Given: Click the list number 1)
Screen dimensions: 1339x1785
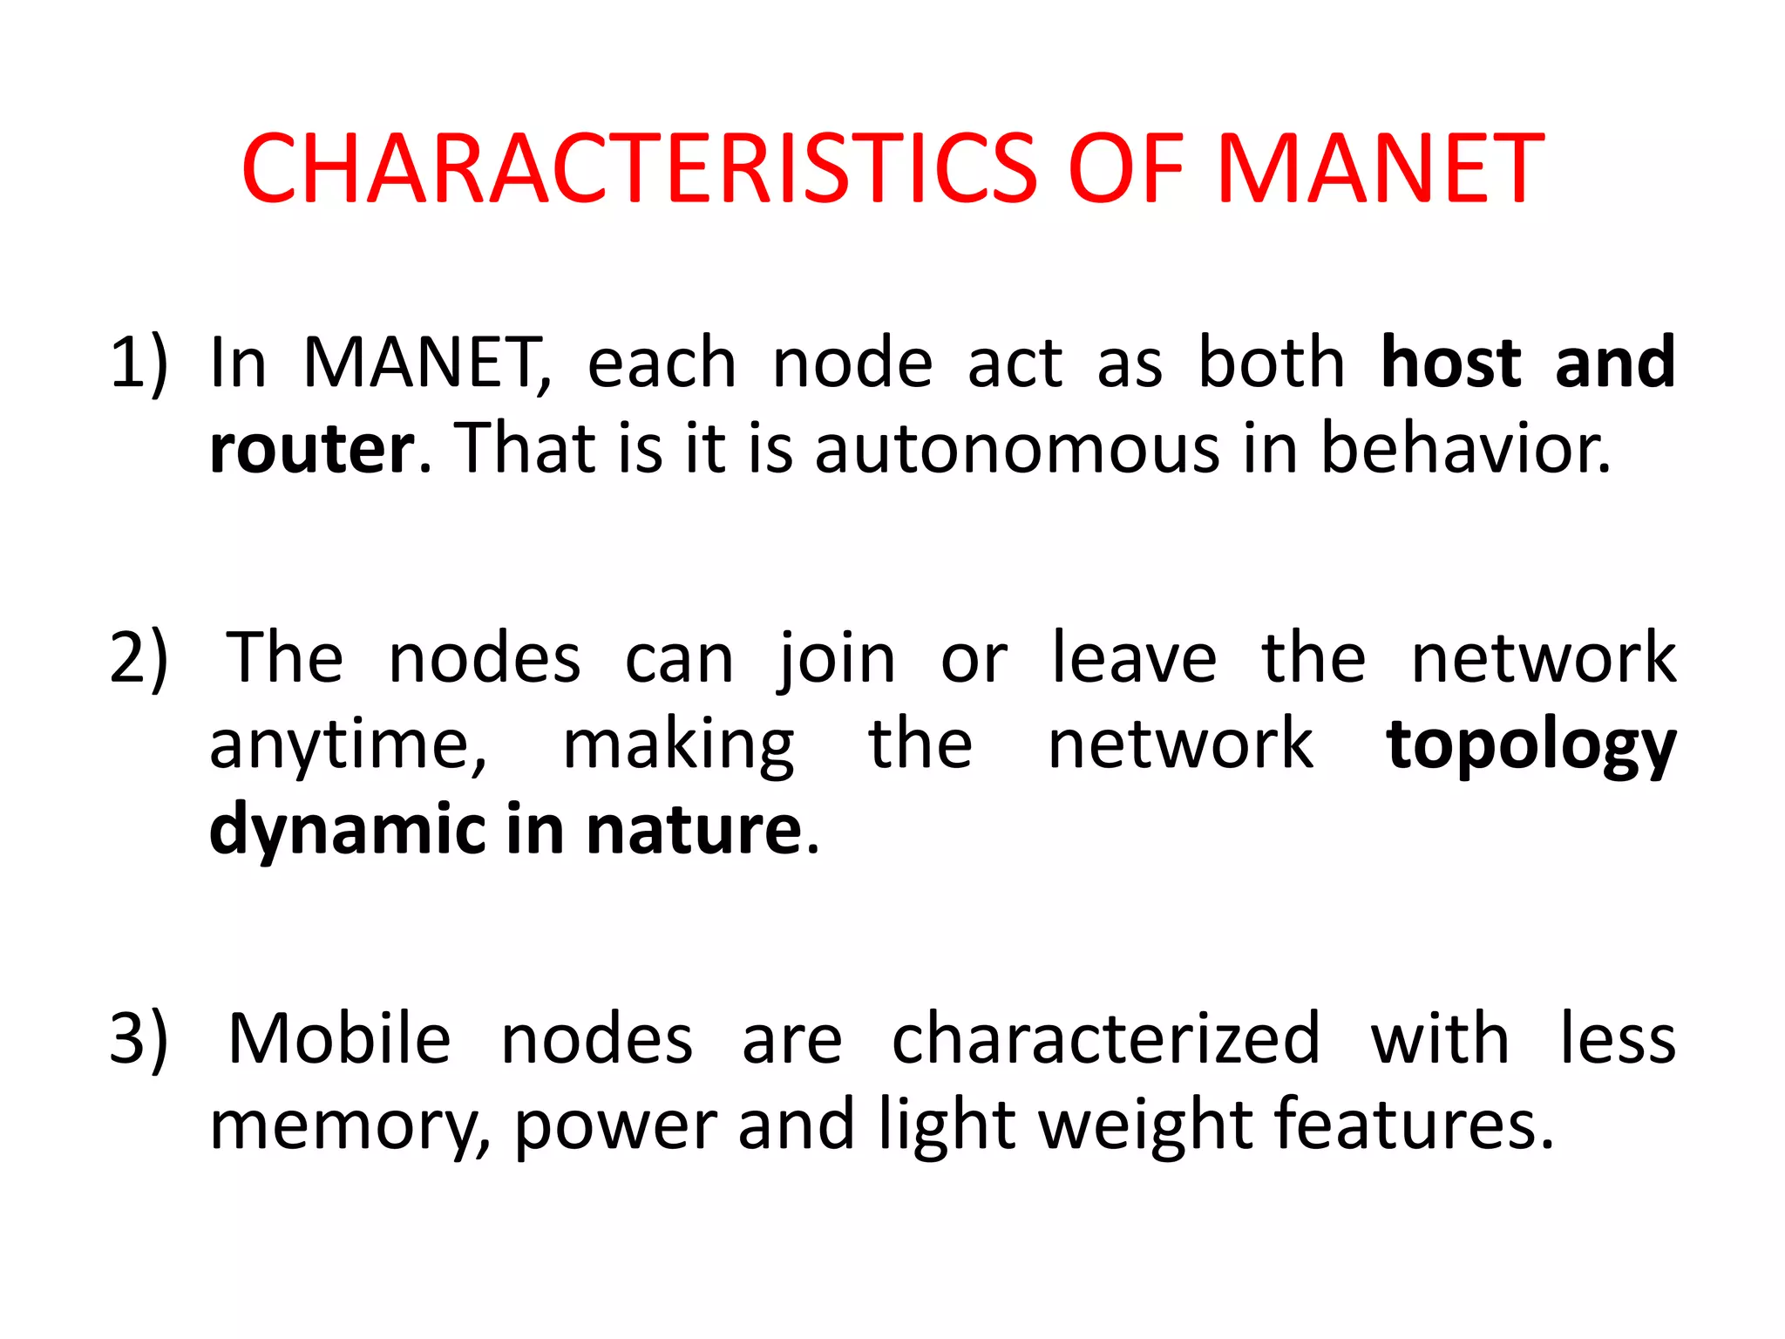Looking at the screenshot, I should (139, 363).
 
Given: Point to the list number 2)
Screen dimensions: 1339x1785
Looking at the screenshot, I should (139, 658).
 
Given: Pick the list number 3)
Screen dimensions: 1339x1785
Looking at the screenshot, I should (139, 1038).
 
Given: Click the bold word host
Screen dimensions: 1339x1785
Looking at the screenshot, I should (1451, 363).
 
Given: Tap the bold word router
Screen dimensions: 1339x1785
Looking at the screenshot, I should (312, 448).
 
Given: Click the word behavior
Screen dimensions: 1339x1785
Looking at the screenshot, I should (1466, 448).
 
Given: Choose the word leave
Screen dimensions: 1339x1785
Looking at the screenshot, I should (1134, 658).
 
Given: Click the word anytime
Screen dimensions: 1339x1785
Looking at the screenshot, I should (347, 746).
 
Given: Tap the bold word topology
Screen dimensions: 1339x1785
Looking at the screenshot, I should (1531, 746).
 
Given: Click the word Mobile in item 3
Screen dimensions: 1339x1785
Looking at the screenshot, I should (339, 1038).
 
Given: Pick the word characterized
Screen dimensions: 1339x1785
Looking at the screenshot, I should (1106, 1038).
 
